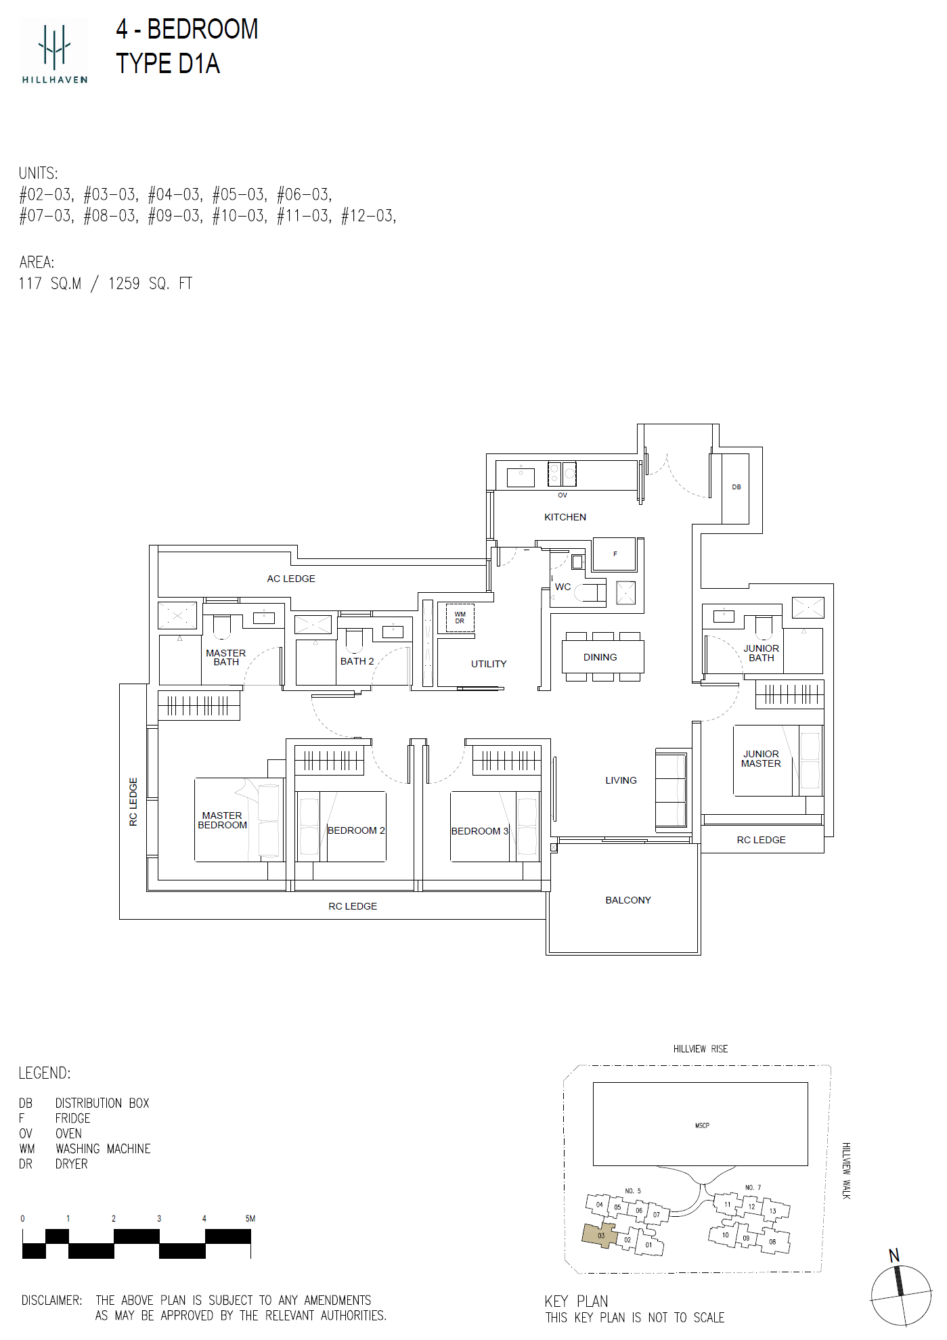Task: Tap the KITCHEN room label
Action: coord(565,517)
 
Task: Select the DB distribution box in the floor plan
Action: coord(736,488)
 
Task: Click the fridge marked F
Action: coord(615,555)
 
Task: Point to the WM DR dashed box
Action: coord(460,618)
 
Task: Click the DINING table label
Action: coord(600,657)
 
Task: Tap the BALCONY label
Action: coord(628,900)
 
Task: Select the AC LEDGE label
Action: coord(291,579)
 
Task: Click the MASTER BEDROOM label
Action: coord(222,820)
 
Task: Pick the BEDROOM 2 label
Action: coord(356,830)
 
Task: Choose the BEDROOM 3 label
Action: coord(480,831)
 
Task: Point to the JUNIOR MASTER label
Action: coord(761,759)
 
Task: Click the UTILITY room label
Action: coord(489,664)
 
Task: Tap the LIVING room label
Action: coord(621,780)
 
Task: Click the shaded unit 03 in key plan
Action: coord(600,1235)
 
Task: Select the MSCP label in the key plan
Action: coord(702,1125)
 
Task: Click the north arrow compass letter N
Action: coord(894,1256)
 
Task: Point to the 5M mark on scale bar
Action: coord(250,1219)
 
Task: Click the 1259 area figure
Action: coord(124,284)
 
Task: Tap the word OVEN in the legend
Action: coord(68,1134)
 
